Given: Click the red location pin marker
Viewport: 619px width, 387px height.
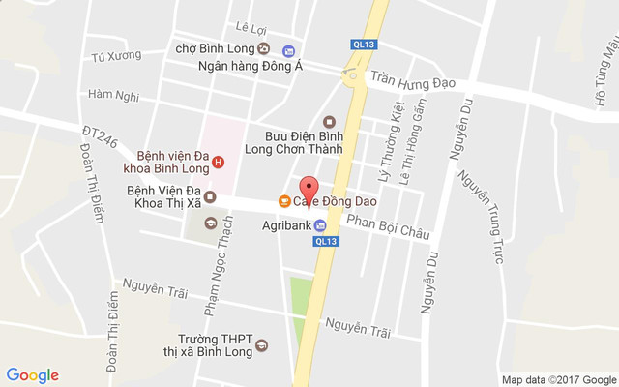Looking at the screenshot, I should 309,188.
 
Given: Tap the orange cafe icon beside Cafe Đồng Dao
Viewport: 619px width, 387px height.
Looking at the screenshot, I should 284,201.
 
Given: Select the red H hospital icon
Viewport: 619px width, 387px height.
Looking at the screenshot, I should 219,162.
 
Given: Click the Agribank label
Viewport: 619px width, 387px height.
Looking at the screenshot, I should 286,225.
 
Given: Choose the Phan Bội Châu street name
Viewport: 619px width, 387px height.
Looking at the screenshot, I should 388,227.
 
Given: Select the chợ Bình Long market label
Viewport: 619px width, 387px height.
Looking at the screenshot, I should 214,47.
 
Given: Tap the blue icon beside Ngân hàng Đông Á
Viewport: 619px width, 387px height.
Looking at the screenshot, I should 288,50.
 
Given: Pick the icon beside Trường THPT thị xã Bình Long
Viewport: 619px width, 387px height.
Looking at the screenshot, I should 261,345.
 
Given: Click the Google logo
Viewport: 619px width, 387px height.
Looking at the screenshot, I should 33,375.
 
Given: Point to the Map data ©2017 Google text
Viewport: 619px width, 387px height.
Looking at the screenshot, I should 557,378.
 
